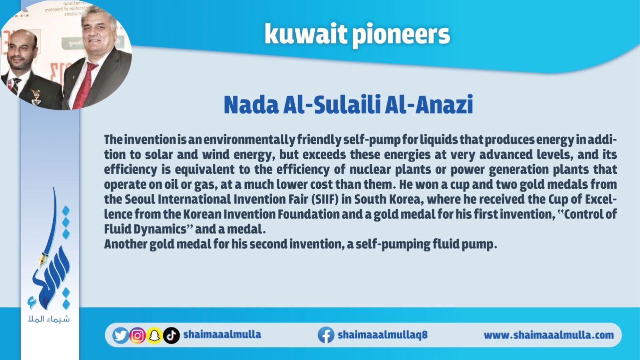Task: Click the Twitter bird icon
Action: coord(120,335)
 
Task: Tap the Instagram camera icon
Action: coord(138,335)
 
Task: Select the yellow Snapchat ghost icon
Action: coord(154,335)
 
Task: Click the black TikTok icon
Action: coord(172,335)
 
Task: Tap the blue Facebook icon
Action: coord(326,335)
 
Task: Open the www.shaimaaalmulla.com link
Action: coord(548,335)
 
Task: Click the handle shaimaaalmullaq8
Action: coord(382,334)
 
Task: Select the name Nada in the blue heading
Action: coord(252,104)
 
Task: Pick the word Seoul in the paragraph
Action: coord(140,199)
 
